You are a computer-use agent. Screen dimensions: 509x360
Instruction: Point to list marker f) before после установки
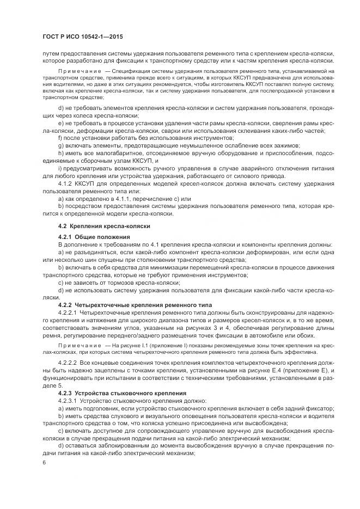point(59,139)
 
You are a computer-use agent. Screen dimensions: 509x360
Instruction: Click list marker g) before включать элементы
point(60,146)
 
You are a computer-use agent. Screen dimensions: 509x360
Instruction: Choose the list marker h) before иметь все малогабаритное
point(60,154)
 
